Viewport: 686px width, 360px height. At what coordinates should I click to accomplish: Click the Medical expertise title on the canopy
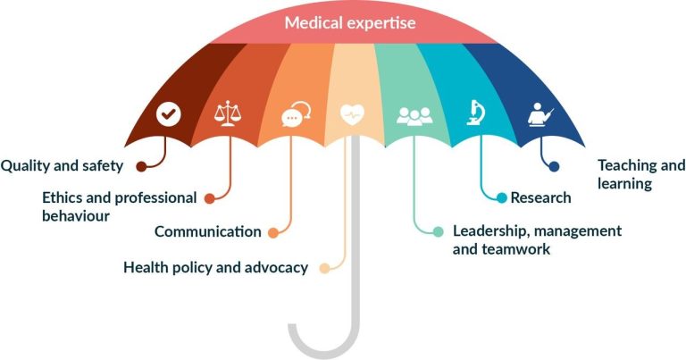(350, 22)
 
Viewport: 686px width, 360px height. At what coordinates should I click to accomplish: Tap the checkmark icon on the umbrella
(169, 114)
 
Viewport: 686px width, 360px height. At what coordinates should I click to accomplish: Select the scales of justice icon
(228, 113)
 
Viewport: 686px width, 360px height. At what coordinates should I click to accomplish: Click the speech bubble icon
(297, 114)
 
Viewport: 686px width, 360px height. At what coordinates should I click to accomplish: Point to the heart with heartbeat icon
(352, 114)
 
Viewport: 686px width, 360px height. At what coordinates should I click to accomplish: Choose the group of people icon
(414, 116)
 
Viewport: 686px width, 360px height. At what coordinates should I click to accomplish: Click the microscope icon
(475, 113)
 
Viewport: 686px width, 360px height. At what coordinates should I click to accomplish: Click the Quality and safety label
(62, 166)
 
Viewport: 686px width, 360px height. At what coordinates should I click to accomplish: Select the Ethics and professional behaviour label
(119, 206)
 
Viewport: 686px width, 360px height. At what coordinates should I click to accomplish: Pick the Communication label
(208, 231)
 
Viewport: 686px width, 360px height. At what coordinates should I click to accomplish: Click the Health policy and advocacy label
(215, 267)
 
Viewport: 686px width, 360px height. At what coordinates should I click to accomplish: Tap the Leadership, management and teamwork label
(537, 239)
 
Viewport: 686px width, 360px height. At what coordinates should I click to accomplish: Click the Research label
(540, 197)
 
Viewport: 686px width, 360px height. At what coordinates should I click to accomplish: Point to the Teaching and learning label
(641, 174)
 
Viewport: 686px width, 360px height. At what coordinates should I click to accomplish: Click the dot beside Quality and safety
(141, 166)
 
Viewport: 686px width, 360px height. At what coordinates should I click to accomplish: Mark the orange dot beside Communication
(273, 233)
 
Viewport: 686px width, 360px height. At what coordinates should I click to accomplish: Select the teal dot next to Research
(501, 197)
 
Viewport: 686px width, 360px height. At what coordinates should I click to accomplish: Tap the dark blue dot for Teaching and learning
(554, 166)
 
